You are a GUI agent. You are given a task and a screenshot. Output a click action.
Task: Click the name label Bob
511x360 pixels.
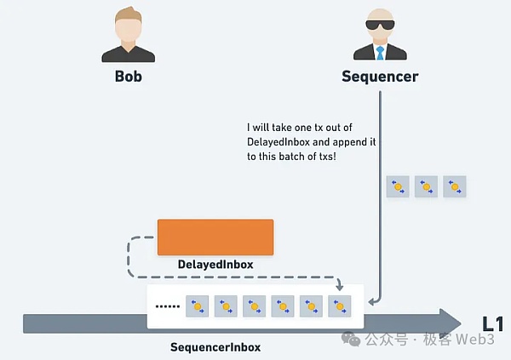coord(128,76)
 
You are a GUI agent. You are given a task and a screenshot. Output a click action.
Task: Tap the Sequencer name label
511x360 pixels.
coord(380,76)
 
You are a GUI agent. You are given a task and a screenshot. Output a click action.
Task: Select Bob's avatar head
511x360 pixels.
coord(128,27)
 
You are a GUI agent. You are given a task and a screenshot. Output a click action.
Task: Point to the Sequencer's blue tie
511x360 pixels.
coord(381,51)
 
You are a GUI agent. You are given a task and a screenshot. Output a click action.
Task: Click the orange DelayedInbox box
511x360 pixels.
coord(215,237)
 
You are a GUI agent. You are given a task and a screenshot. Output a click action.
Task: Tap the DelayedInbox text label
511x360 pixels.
coord(215,265)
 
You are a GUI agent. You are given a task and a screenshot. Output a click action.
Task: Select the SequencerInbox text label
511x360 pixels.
coord(215,347)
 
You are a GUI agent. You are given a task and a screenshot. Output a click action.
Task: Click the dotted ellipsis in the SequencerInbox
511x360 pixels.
coord(169,306)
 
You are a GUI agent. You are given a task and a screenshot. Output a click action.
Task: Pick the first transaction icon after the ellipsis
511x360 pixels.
coord(198,306)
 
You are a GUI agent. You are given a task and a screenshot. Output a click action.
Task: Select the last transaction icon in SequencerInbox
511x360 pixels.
coord(341,306)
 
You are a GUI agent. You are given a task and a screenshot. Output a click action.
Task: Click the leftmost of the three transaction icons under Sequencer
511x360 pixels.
coord(397,186)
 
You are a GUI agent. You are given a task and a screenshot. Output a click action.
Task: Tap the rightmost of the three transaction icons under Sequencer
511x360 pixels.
coord(454,186)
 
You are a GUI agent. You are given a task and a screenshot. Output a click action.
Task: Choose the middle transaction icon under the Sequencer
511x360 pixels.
coord(426,186)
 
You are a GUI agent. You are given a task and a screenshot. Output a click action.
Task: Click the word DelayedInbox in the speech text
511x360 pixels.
coord(277,142)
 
